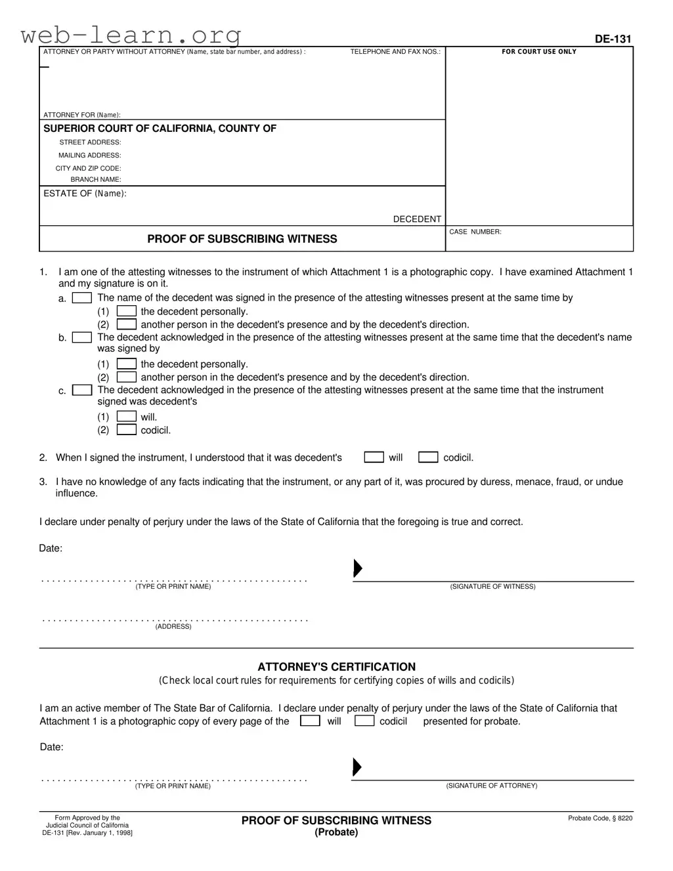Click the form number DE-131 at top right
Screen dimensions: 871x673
613,39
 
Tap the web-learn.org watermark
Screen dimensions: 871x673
131,34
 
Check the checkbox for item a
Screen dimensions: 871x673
82,298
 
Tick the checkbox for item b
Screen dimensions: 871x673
82,337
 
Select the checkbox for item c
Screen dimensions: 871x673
82,390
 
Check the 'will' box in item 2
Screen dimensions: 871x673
374,457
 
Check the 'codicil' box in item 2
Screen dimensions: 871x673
428,457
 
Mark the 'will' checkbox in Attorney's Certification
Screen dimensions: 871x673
310,721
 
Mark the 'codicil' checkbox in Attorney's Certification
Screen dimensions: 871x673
364,721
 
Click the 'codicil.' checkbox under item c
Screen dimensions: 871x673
127,430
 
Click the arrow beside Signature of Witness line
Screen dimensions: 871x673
358,568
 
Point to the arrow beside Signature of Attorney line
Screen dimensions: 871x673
357,767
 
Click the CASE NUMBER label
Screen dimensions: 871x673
475,232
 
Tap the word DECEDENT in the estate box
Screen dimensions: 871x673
417,219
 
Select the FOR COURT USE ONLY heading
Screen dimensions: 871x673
539,52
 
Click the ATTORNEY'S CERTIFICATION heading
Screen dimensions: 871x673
336,667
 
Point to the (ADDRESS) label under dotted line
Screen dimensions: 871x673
173,627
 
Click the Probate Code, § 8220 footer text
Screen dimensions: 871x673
600,818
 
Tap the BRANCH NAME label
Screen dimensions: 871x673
96,180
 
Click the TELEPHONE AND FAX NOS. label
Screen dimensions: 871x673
395,52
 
